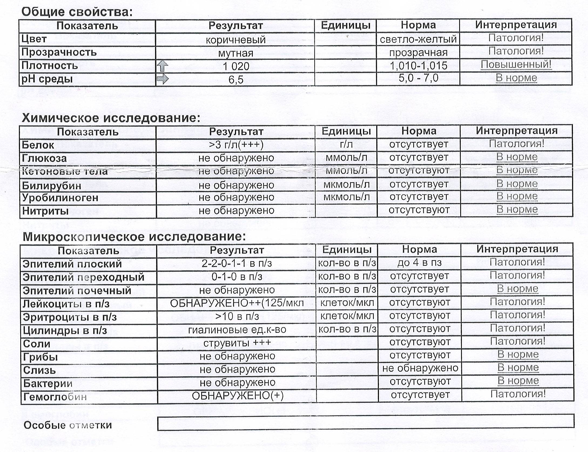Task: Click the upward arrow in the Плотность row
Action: (x=162, y=66)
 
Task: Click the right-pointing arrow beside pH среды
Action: (x=163, y=79)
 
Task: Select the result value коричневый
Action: (x=236, y=40)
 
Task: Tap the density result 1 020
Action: (x=236, y=66)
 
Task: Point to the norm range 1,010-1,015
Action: (x=418, y=66)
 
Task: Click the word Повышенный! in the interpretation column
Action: (x=516, y=65)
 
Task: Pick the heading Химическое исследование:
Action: (x=111, y=118)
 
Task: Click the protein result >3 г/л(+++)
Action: (x=236, y=145)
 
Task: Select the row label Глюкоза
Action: (x=44, y=158)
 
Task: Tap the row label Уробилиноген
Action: (x=60, y=198)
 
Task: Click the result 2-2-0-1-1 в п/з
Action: (x=237, y=263)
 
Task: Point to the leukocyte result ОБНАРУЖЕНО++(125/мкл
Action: (x=237, y=303)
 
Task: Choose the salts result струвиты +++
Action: (x=237, y=343)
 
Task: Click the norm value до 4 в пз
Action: (x=419, y=263)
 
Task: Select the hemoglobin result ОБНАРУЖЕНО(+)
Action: (x=237, y=396)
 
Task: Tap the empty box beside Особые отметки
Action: (x=365, y=423)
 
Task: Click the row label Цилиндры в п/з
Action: (x=65, y=330)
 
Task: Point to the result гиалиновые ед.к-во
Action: (x=237, y=330)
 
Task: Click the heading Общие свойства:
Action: (x=77, y=12)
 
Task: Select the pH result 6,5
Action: (x=236, y=80)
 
